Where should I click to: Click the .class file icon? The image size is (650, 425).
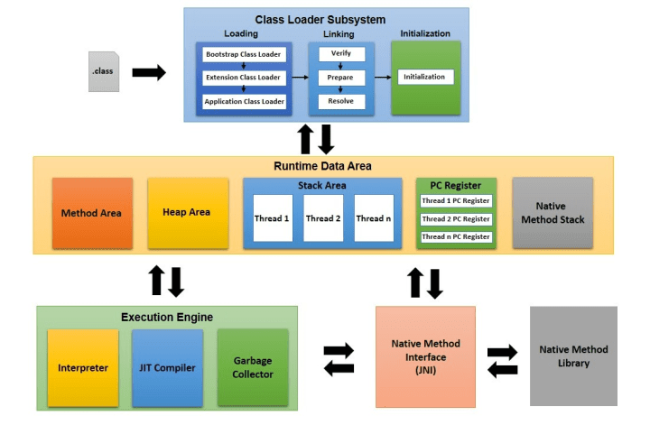coord(103,71)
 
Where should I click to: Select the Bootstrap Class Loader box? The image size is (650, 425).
coord(244,55)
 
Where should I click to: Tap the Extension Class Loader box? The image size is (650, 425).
coord(244,79)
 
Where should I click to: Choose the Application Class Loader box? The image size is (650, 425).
coord(244,102)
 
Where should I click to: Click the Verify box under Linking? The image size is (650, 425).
coord(340,54)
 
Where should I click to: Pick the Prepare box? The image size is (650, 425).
coord(340,78)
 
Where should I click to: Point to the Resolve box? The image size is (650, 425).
coord(340,101)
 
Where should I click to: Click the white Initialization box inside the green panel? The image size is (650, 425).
coord(425,78)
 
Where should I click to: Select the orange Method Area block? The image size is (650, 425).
coord(92,213)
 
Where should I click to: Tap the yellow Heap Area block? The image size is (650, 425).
coord(186,213)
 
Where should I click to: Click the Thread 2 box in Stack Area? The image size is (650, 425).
coord(323,218)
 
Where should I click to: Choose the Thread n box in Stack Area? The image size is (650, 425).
coord(374,218)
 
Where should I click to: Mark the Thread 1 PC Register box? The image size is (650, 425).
coord(456,200)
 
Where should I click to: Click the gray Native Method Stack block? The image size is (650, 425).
coord(552,213)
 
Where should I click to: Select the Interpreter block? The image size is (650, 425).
coord(83,368)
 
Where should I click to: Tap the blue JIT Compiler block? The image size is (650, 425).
coord(167,368)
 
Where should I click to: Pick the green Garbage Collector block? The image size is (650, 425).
coord(252,367)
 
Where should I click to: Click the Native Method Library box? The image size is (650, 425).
coord(573,356)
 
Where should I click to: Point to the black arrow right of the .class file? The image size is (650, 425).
coord(149,73)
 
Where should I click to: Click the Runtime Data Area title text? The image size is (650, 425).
coord(322,166)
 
